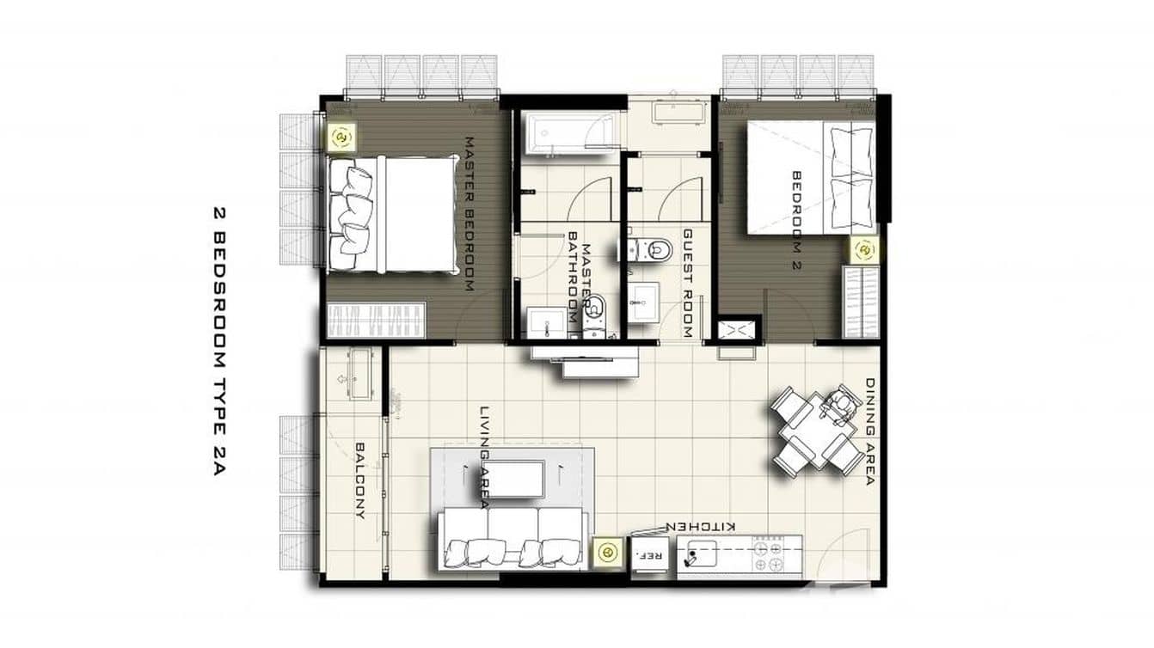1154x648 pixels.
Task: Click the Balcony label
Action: pyautogui.click(x=360, y=480)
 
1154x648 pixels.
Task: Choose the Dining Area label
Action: pyautogui.click(x=869, y=432)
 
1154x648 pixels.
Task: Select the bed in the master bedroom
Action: pyautogui.click(x=392, y=215)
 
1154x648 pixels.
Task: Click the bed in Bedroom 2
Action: pyautogui.click(x=810, y=177)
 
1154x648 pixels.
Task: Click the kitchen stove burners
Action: pyautogui.click(x=767, y=555)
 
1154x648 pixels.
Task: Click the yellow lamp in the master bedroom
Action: pyautogui.click(x=341, y=137)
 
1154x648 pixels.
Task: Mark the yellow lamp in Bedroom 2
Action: pyautogui.click(x=863, y=250)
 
